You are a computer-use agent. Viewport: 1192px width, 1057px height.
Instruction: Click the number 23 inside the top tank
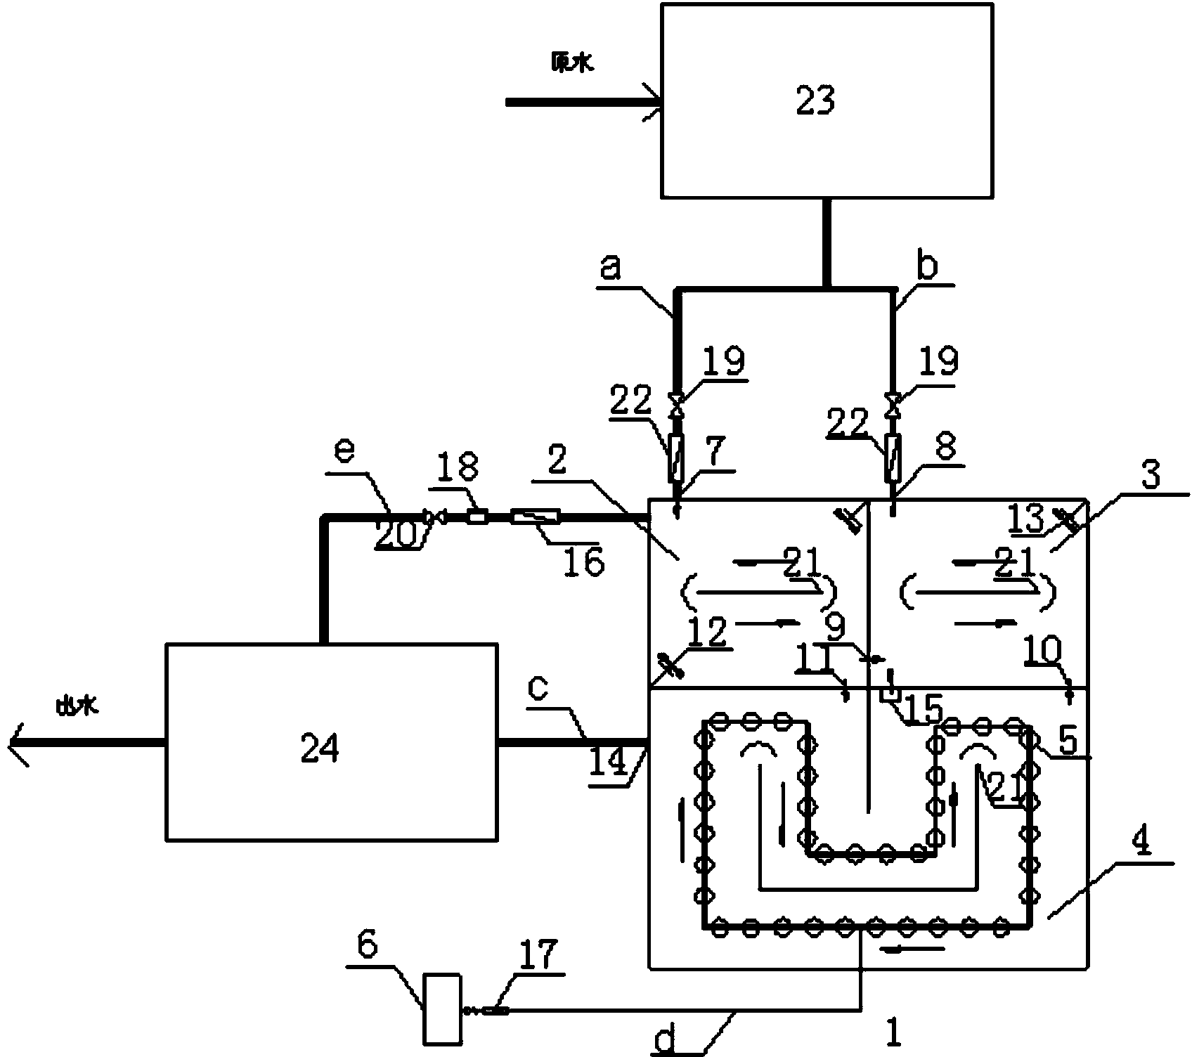815,101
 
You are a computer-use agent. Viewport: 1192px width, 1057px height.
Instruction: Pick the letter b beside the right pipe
928,268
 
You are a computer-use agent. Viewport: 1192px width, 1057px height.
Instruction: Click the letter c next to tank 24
538,688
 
